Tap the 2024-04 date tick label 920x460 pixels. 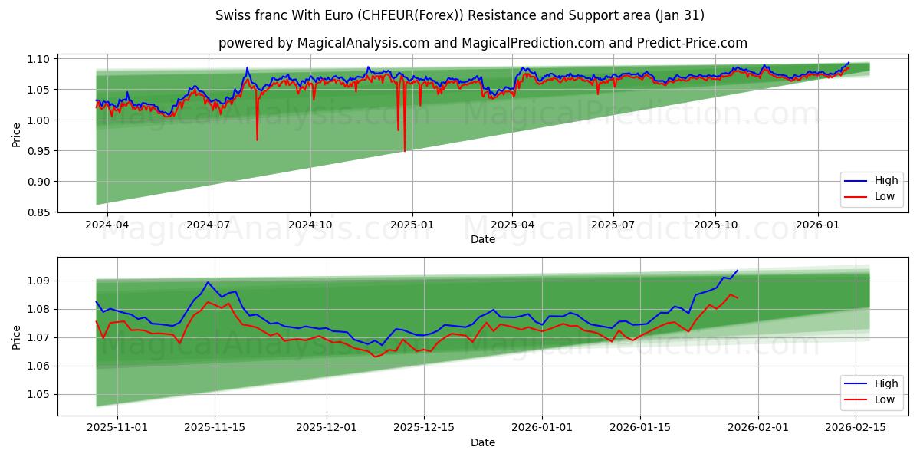pyautogui.click(x=107, y=225)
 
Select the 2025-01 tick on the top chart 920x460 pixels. pyautogui.click(x=412, y=225)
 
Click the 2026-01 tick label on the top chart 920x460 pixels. pyautogui.click(x=817, y=225)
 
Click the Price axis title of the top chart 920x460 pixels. pyautogui.click(x=16, y=135)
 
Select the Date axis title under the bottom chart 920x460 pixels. pyautogui.click(x=483, y=442)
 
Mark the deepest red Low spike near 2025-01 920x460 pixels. pyautogui.click(x=405, y=150)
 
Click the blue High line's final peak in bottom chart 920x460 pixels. pyautogui.click(x=738, y=271)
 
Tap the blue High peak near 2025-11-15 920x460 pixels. pyautogui.click(x=207, y=282)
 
